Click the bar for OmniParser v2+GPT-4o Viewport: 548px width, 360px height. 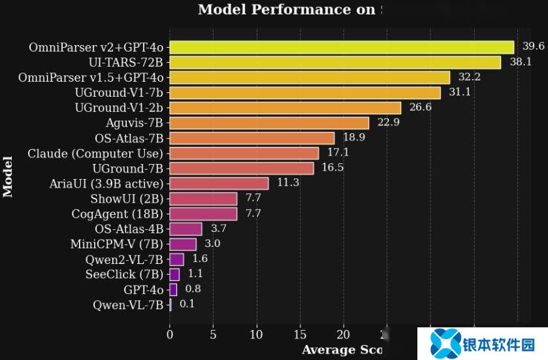tap(342, 47)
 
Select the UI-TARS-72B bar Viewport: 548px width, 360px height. tap(335, 62)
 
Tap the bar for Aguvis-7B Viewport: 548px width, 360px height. tap(269, 123)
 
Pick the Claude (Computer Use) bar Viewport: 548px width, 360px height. tap(244, 153)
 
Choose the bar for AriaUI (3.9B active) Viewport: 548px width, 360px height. tap(219, 183)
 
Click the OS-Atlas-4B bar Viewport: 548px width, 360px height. tap(185, 229)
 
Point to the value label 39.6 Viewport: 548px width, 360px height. tap(534, 46)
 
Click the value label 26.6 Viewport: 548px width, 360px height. tap(419, 107)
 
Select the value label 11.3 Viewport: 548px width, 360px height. tap(288, 183)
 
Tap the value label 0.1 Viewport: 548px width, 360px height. tap(187, 304)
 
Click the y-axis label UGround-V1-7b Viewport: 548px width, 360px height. tap(119, 93)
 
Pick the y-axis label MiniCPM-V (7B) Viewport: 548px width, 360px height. tap(117, 244)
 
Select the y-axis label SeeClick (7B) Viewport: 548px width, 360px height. tap(124, 274)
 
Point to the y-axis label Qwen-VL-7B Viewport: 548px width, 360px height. tap(127, 304)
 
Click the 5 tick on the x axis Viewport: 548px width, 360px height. tap(213, 335)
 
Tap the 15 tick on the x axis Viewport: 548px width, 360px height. tap(300, 335)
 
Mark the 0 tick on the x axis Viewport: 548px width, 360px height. tap(170, 335)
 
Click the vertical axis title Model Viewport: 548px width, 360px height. tap(8, 176)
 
